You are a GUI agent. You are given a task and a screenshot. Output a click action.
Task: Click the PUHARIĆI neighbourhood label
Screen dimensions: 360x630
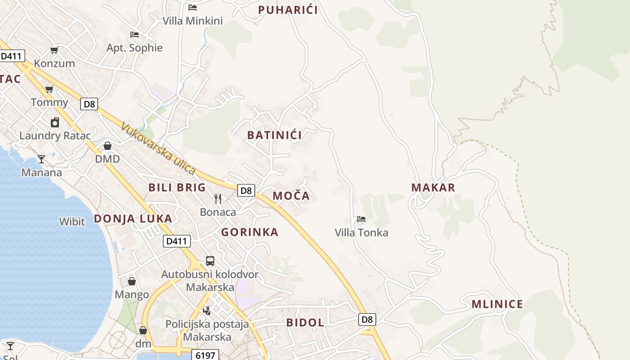tap(288, 10)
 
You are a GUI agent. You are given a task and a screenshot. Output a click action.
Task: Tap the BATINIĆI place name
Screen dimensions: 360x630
tap(274, 135)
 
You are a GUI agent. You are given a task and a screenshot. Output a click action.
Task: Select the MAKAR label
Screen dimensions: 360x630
tap(433, 188)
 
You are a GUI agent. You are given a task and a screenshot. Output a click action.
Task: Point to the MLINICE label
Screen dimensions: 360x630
tap(497, 304)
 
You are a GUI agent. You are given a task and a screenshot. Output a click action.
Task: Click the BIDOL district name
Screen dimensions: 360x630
tap(305, 323)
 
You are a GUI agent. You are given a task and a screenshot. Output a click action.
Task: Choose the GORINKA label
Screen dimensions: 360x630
tap(250, 232)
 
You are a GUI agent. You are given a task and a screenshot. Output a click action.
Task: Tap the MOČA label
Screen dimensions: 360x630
tap(291, 196)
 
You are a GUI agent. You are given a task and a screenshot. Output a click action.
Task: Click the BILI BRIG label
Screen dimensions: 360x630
tap(177, 188)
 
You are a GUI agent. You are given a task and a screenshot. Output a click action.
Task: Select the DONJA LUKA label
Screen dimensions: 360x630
tap(133, 219)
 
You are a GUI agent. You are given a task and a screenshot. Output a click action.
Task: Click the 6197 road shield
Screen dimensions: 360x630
tap(205, 355)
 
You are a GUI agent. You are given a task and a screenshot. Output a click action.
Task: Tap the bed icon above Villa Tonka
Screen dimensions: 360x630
tap(361, 220)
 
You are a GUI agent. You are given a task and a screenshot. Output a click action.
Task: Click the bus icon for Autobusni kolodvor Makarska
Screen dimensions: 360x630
tap(210, 261)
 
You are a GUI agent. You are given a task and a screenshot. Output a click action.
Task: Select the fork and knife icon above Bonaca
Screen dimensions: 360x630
tap(218, 199)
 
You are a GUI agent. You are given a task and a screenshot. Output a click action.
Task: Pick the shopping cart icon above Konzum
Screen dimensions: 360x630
tap(54, 50)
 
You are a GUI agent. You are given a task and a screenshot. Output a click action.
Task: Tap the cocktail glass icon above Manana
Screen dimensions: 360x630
tap(41, 159)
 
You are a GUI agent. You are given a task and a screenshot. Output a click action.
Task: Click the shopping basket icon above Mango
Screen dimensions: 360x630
tap(132, 281)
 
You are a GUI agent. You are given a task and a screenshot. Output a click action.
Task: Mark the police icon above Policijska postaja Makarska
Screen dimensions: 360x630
tap(207, 310)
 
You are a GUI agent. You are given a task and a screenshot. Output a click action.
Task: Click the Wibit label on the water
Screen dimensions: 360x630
tap(72, 221)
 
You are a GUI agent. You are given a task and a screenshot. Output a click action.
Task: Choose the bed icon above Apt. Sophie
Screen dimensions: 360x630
tap(134, 35)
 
